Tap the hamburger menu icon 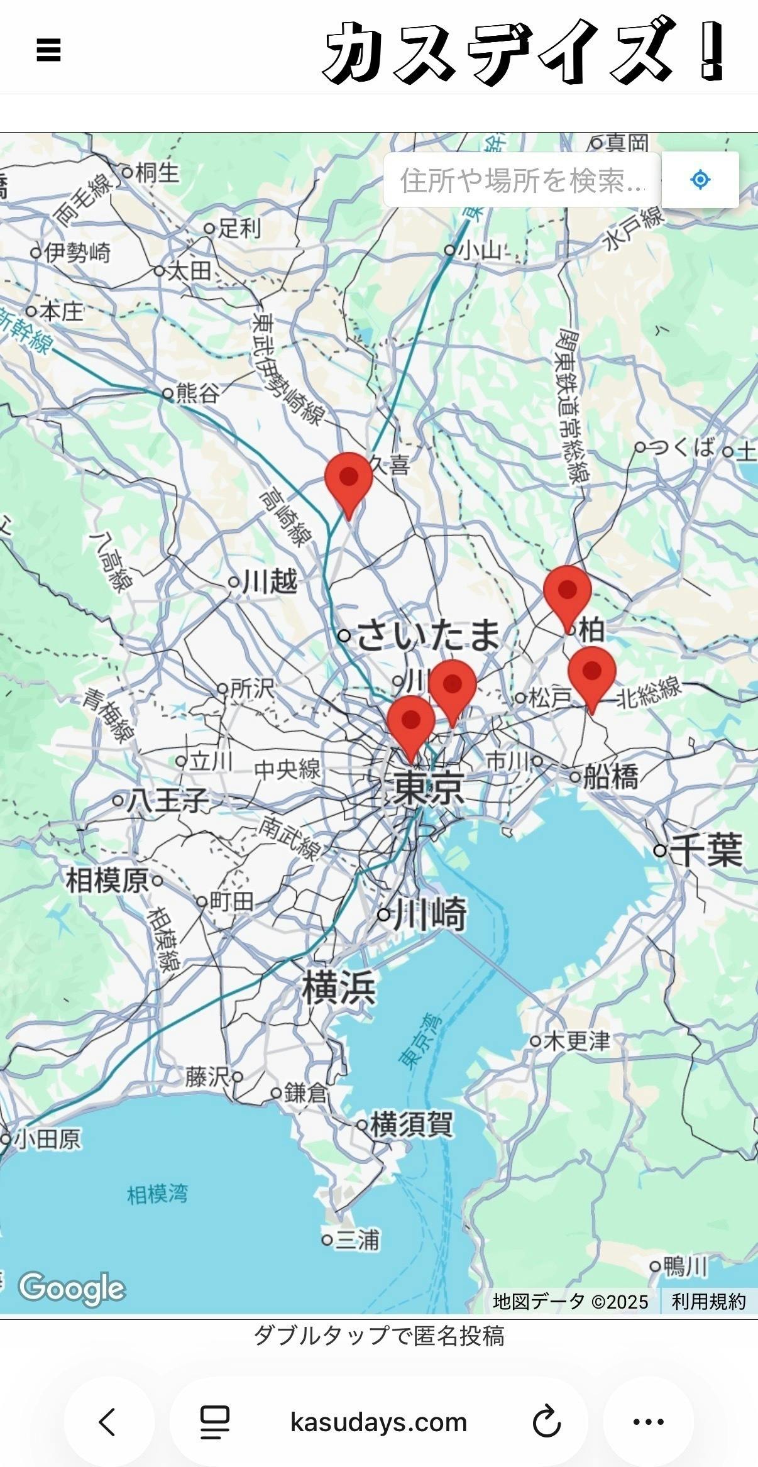click(x=48, y=50)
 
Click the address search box click(x=522, y=180)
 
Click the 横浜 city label click(x=339, y=987)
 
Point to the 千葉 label click(x=706, y=850)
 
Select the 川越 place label click(x=270, y=581)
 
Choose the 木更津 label click(x=576, y=1041)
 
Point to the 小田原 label click(x=47, y=1138)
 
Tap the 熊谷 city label click(x=197, y=393)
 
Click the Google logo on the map click(x=72, y=1288)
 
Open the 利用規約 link click(x=708, y=1301)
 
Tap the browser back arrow click(x=108, y=1422)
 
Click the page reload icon click(x=546, y=1422)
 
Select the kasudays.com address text click(x=378, y=1422)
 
